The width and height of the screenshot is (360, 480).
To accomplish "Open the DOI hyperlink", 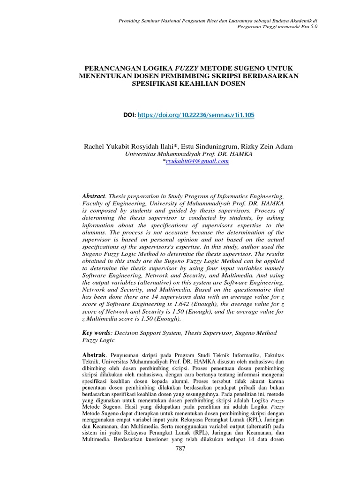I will click(196, 114).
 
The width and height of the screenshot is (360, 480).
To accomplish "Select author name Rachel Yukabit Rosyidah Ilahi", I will click(123, 147).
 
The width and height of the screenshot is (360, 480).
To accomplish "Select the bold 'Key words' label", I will click(96, 332).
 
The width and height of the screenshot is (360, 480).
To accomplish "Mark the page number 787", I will click(180, 449).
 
